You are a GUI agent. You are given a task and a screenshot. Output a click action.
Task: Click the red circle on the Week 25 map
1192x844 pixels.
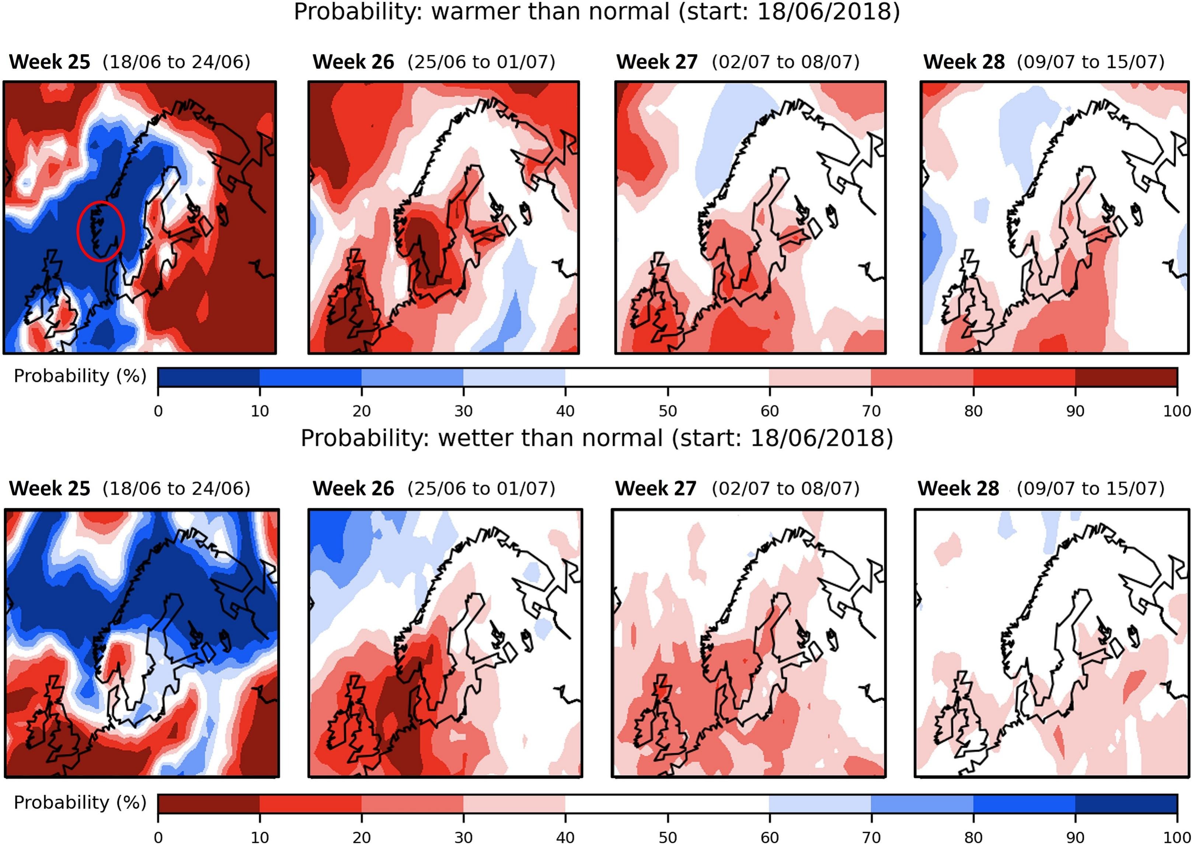point(101,231)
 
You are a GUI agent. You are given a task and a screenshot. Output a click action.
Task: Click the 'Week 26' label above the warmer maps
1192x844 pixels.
point(353,62)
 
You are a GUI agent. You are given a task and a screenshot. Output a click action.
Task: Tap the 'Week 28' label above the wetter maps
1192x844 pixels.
point(958,488)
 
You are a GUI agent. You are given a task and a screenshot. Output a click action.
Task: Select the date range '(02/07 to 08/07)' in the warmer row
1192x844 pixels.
point(785,62)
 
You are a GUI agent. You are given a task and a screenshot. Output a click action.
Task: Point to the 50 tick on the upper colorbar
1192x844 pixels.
point(668,411)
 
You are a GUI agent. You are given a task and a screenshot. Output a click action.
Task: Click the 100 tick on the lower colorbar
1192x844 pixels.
point(1177,837)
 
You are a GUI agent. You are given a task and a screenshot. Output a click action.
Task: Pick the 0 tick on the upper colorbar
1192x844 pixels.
point(158,411)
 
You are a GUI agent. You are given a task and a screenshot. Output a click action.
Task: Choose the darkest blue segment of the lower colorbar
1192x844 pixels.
point(1126,804)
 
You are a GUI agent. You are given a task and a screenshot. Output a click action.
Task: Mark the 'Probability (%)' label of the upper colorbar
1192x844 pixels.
point(80,376)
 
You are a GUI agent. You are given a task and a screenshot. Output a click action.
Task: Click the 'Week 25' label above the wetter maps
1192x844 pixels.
point(50,488)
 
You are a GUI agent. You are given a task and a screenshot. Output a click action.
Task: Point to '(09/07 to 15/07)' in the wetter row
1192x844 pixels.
point(1090,488)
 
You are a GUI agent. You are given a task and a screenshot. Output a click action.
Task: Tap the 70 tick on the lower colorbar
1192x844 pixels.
point(871,837)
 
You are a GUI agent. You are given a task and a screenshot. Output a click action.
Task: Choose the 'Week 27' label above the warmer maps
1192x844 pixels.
point(657,62)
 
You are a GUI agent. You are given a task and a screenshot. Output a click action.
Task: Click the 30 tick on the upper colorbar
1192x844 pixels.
point(464,411)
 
